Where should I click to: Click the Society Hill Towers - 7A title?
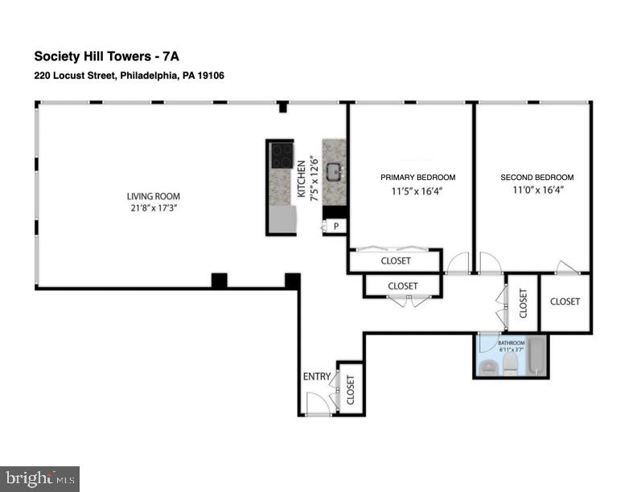point(106,56)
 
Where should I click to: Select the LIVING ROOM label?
point(154,196)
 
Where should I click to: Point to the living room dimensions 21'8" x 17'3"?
point(154,209)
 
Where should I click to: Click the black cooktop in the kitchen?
point(282,155)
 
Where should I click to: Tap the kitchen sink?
point(335,173)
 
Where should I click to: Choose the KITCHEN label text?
point(302,179)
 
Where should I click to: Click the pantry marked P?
point(335,226)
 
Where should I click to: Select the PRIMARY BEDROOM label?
point(418,178)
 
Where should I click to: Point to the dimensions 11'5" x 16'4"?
point(417,191)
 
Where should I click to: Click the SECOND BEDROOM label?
point(537,178)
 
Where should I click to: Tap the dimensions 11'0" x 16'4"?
point(537,190)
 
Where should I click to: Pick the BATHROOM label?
point(512,343)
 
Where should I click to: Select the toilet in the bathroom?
point(509,363)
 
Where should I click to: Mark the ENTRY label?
point(317,377)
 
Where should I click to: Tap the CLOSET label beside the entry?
point(350,390)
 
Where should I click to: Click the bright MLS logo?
point(40,479)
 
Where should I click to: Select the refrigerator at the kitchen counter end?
point(283,219)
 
